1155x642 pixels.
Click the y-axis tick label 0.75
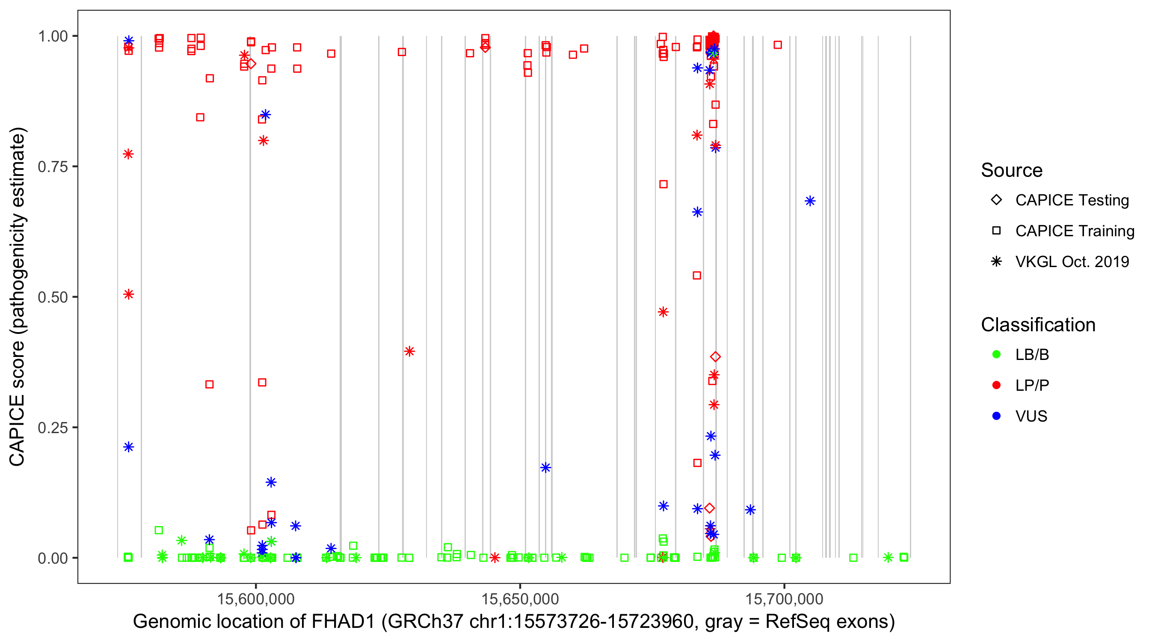coord(52,167)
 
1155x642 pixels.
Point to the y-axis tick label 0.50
coord(52,297)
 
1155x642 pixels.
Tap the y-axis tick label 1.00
coord(52,36)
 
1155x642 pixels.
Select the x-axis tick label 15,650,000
coord(520,598)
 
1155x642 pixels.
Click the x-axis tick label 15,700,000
coord(784,598)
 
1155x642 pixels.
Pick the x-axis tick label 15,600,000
coord(255,598)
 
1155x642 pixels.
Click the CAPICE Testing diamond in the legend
coord(996,199)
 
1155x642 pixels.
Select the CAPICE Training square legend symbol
coord(996,231)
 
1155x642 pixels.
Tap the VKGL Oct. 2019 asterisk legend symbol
coord(996,262)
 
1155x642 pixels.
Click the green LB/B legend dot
coord(996,354)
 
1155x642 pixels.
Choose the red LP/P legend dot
coord(996,385)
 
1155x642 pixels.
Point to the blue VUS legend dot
coord(996,416)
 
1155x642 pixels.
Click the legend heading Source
coord(1012,170)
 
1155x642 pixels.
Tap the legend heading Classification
coord(1038,325)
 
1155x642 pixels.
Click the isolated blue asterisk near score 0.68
coord(810,201)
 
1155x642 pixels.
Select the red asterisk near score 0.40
coord(409,351)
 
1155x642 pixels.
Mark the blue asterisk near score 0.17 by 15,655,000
coord(545,467)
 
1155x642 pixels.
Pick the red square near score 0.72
coord(663,184)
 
